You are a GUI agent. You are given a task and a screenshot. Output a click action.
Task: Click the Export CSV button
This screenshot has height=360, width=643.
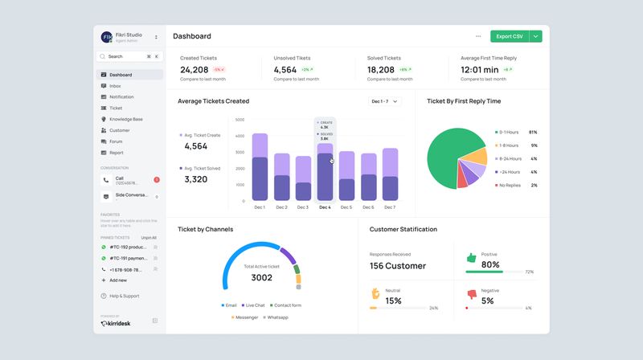pyautogui.click(x=509, y=36)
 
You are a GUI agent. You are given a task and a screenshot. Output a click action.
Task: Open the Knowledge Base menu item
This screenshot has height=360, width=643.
pyautogui.click(x=126, y=119)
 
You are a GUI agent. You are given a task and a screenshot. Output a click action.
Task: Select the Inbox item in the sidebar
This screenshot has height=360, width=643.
pyautogui.click(x=115, y=86)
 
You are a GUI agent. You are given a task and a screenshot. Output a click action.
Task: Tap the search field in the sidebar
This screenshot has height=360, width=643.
pyautogui.click(x=124, y=57)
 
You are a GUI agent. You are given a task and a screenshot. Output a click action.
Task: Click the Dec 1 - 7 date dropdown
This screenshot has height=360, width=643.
pyautogui.click(x=384, y=101)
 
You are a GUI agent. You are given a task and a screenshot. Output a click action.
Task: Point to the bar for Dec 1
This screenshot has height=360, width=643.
pyautogui.click(x=260, y=167)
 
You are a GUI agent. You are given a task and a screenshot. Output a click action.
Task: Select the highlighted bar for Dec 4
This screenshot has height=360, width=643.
pyautogui.click(x=325, y=172)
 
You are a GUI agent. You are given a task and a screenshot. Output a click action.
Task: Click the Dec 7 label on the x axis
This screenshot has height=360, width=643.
pyautogui.click(x=390, y=207)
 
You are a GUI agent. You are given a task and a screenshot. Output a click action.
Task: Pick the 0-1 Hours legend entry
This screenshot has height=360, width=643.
pyautogui.click(x=508, y=132)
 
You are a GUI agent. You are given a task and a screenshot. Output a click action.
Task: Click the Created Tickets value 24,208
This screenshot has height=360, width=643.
pyautogui.click(x=195, y=70)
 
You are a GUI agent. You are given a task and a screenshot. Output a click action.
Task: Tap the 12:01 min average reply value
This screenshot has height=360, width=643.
pyautogui.click(x=480, y=70)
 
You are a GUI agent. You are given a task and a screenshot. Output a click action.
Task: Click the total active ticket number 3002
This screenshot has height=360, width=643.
pyautogui.click(x=262, y=278)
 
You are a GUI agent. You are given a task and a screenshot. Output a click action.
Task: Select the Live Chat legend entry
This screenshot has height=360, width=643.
pyautogui.click(x=255, y=305)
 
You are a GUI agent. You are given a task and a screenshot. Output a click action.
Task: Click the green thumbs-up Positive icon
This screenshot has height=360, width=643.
pyautogui.click(x=471, y=258)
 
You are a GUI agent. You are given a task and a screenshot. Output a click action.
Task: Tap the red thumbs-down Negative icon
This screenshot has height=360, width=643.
pyautogui.click(x=471, y=294)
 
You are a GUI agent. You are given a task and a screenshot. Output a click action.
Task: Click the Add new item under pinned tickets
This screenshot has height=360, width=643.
pyautogui.click(x=117, y=280)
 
